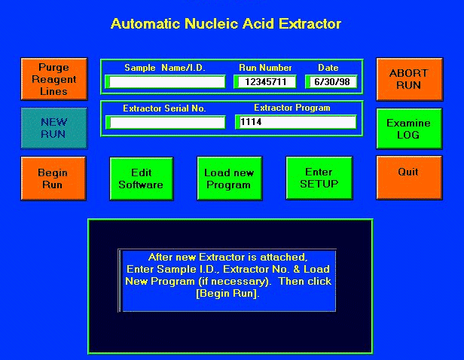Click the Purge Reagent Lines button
click(54, 79)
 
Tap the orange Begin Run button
click(53, 178)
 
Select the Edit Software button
click(142, 178)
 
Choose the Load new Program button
click(229, 178)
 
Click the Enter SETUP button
click(319, 178)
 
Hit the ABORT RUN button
click(410, 79)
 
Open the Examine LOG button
click(409, 129)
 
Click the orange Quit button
click(409, 178)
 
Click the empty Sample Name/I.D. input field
click(166, 82)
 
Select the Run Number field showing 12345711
click(265, 82)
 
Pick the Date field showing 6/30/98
click(331, 82)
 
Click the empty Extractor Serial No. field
click(166, 123)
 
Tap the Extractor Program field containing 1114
click(295, 122)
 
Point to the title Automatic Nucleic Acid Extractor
click(226, 23)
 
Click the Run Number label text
click(265, 68)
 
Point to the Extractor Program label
click(292, 108)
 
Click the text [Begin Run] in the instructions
click(227, 294)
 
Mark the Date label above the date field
click(328, 68)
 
